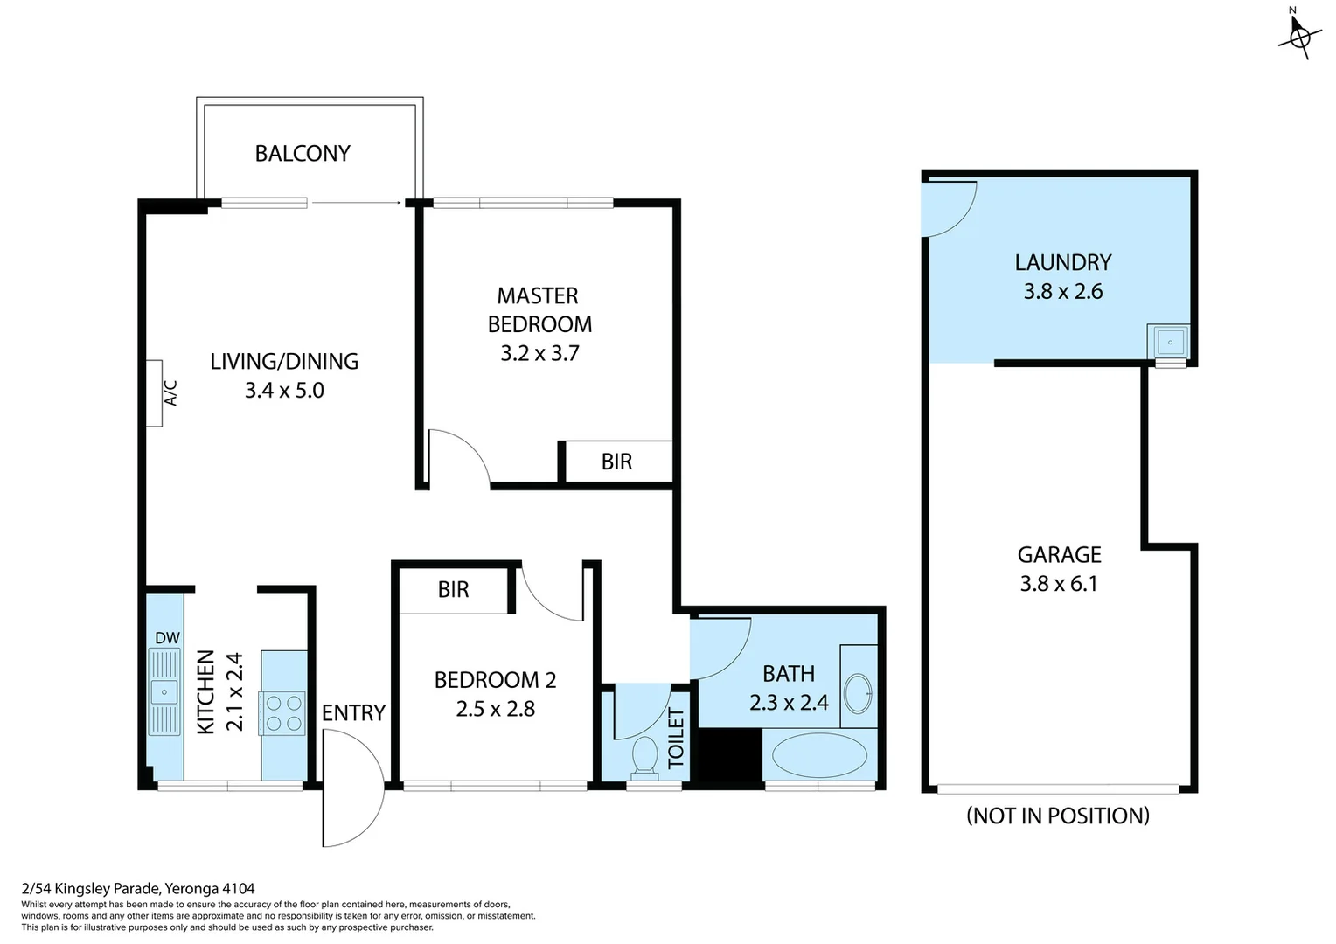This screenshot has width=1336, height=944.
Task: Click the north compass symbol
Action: pos(1299,36)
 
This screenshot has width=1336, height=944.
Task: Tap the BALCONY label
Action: pos(303,154)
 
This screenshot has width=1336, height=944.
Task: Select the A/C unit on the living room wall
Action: pos(155,393)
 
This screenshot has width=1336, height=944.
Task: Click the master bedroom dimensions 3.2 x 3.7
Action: pos(539,353)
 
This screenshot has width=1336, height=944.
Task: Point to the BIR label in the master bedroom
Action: pos(616,462)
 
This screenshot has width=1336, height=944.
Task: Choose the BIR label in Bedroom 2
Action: pos(453,590)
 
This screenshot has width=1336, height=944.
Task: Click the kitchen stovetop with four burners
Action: pos(282,712)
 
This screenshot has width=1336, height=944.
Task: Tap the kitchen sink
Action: pos(164,692)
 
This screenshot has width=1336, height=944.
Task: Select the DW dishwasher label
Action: pos(167,638)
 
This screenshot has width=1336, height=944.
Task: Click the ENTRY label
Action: pos(353,713)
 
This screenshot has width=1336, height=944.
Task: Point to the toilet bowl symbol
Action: pos(645,755)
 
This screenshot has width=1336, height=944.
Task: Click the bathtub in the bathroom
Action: pos(819,755)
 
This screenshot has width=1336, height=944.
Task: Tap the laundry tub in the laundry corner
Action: pos(1169,340)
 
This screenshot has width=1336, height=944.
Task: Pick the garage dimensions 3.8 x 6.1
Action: pos(1058,584)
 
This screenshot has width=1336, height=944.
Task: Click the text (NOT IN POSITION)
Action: pos(1058,816)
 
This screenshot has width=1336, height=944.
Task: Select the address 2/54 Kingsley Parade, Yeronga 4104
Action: pos(138,889)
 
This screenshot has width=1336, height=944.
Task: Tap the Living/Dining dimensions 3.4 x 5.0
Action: pos(284,391)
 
